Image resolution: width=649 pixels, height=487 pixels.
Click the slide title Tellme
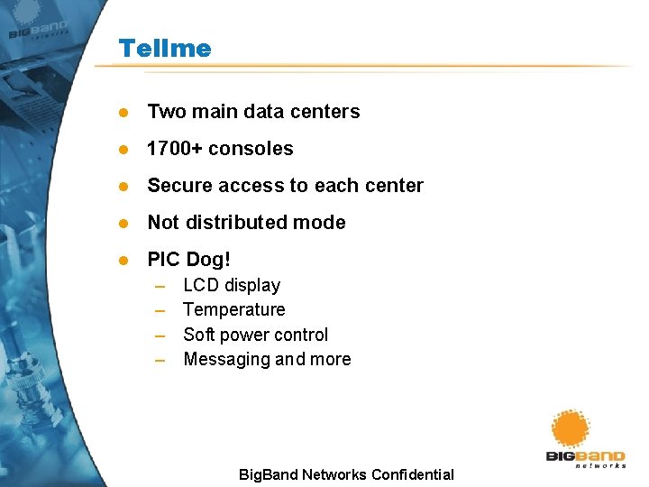click(164, 48)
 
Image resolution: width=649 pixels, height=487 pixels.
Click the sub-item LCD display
click(232, 286)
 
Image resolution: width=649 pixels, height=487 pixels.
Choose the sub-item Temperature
click(233, 310)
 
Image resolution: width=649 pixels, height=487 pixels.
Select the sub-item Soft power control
click(255, 335)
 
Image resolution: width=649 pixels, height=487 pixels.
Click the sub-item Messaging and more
click(267, 359)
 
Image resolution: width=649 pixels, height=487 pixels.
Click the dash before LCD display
click(160, 287)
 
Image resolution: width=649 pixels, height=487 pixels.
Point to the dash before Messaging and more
click(160, 360)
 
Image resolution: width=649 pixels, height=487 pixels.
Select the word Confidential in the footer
click(410, 474)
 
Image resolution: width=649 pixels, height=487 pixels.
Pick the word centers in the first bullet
click(328, 112)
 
